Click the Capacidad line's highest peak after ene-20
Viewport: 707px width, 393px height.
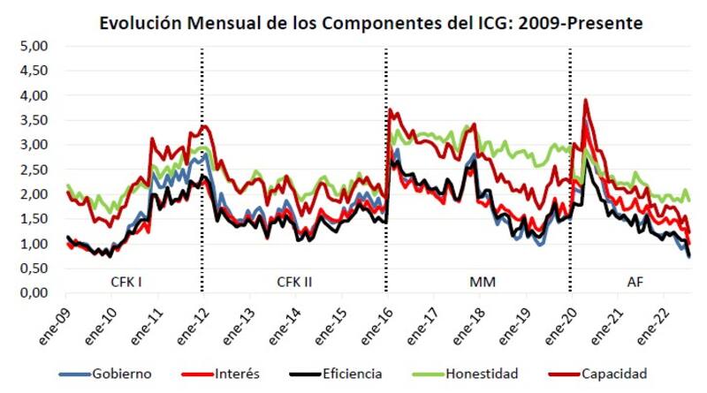point(585,101)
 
